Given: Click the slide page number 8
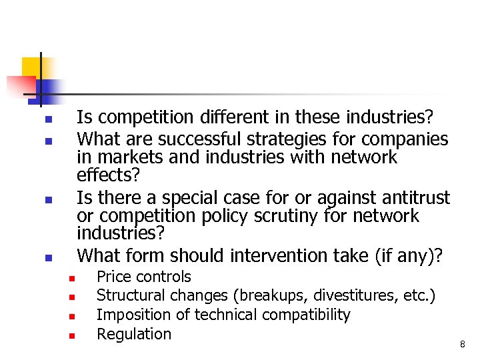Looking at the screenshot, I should tap(462, 345).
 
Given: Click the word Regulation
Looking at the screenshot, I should tap(134, 334).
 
